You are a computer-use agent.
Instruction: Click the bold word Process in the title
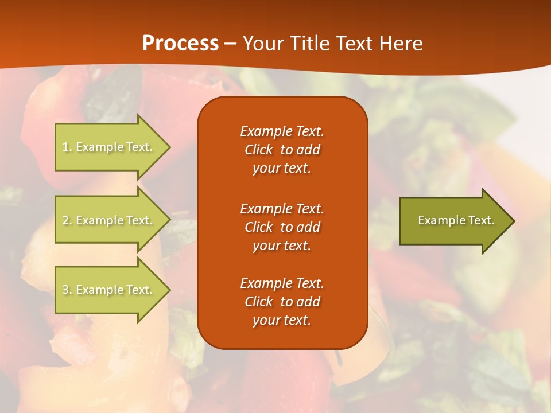click(180, 44)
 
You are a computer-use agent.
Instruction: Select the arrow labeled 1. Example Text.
click(109, 147)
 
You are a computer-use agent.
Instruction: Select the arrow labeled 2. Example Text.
click(109, 220)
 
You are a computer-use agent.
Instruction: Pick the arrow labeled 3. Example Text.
click(109, 290)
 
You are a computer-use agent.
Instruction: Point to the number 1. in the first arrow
click(67, 147)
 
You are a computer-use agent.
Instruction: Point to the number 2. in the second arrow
click(67, 220)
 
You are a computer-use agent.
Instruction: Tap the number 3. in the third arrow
click(67, 290)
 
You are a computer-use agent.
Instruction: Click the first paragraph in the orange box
click(282, 150)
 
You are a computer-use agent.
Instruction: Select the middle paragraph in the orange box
click(282, 227)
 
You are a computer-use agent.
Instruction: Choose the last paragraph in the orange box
click(282, 302)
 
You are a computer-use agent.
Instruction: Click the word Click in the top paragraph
click(258, 150)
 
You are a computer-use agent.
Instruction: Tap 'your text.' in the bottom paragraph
click(282, 321)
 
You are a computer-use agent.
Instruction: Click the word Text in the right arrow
click(481, 220)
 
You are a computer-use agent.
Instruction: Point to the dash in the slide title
click(231, 44)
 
